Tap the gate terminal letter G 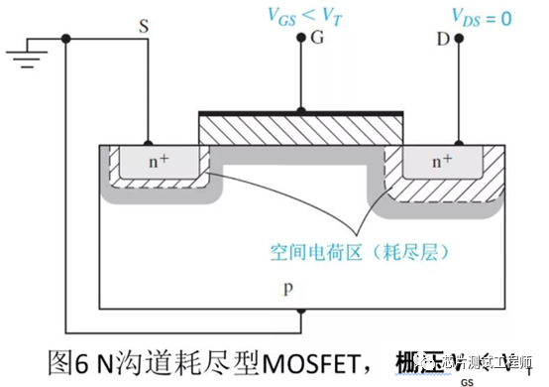pyautogui.click(x=316, y=39)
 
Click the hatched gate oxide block pyautogui.click(x=301, y=130)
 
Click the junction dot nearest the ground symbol pyautogui.click(x=66, y=39)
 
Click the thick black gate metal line pyautogui.click(x=301, y=113)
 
